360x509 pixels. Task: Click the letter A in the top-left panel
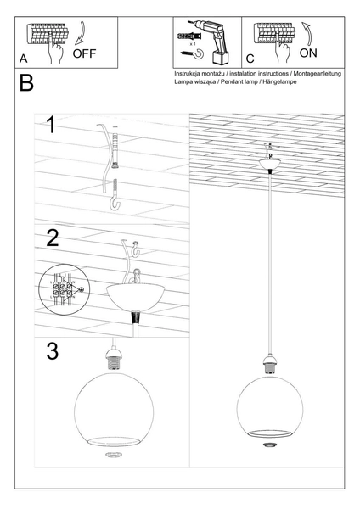point(24,59)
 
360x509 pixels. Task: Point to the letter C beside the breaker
point(250,59)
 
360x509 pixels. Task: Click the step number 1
point(51,126)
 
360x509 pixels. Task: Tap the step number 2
point(53,238)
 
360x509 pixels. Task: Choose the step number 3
point(53,350)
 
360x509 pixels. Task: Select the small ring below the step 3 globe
point(112,455)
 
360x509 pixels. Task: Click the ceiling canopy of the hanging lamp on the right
point(270,162)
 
